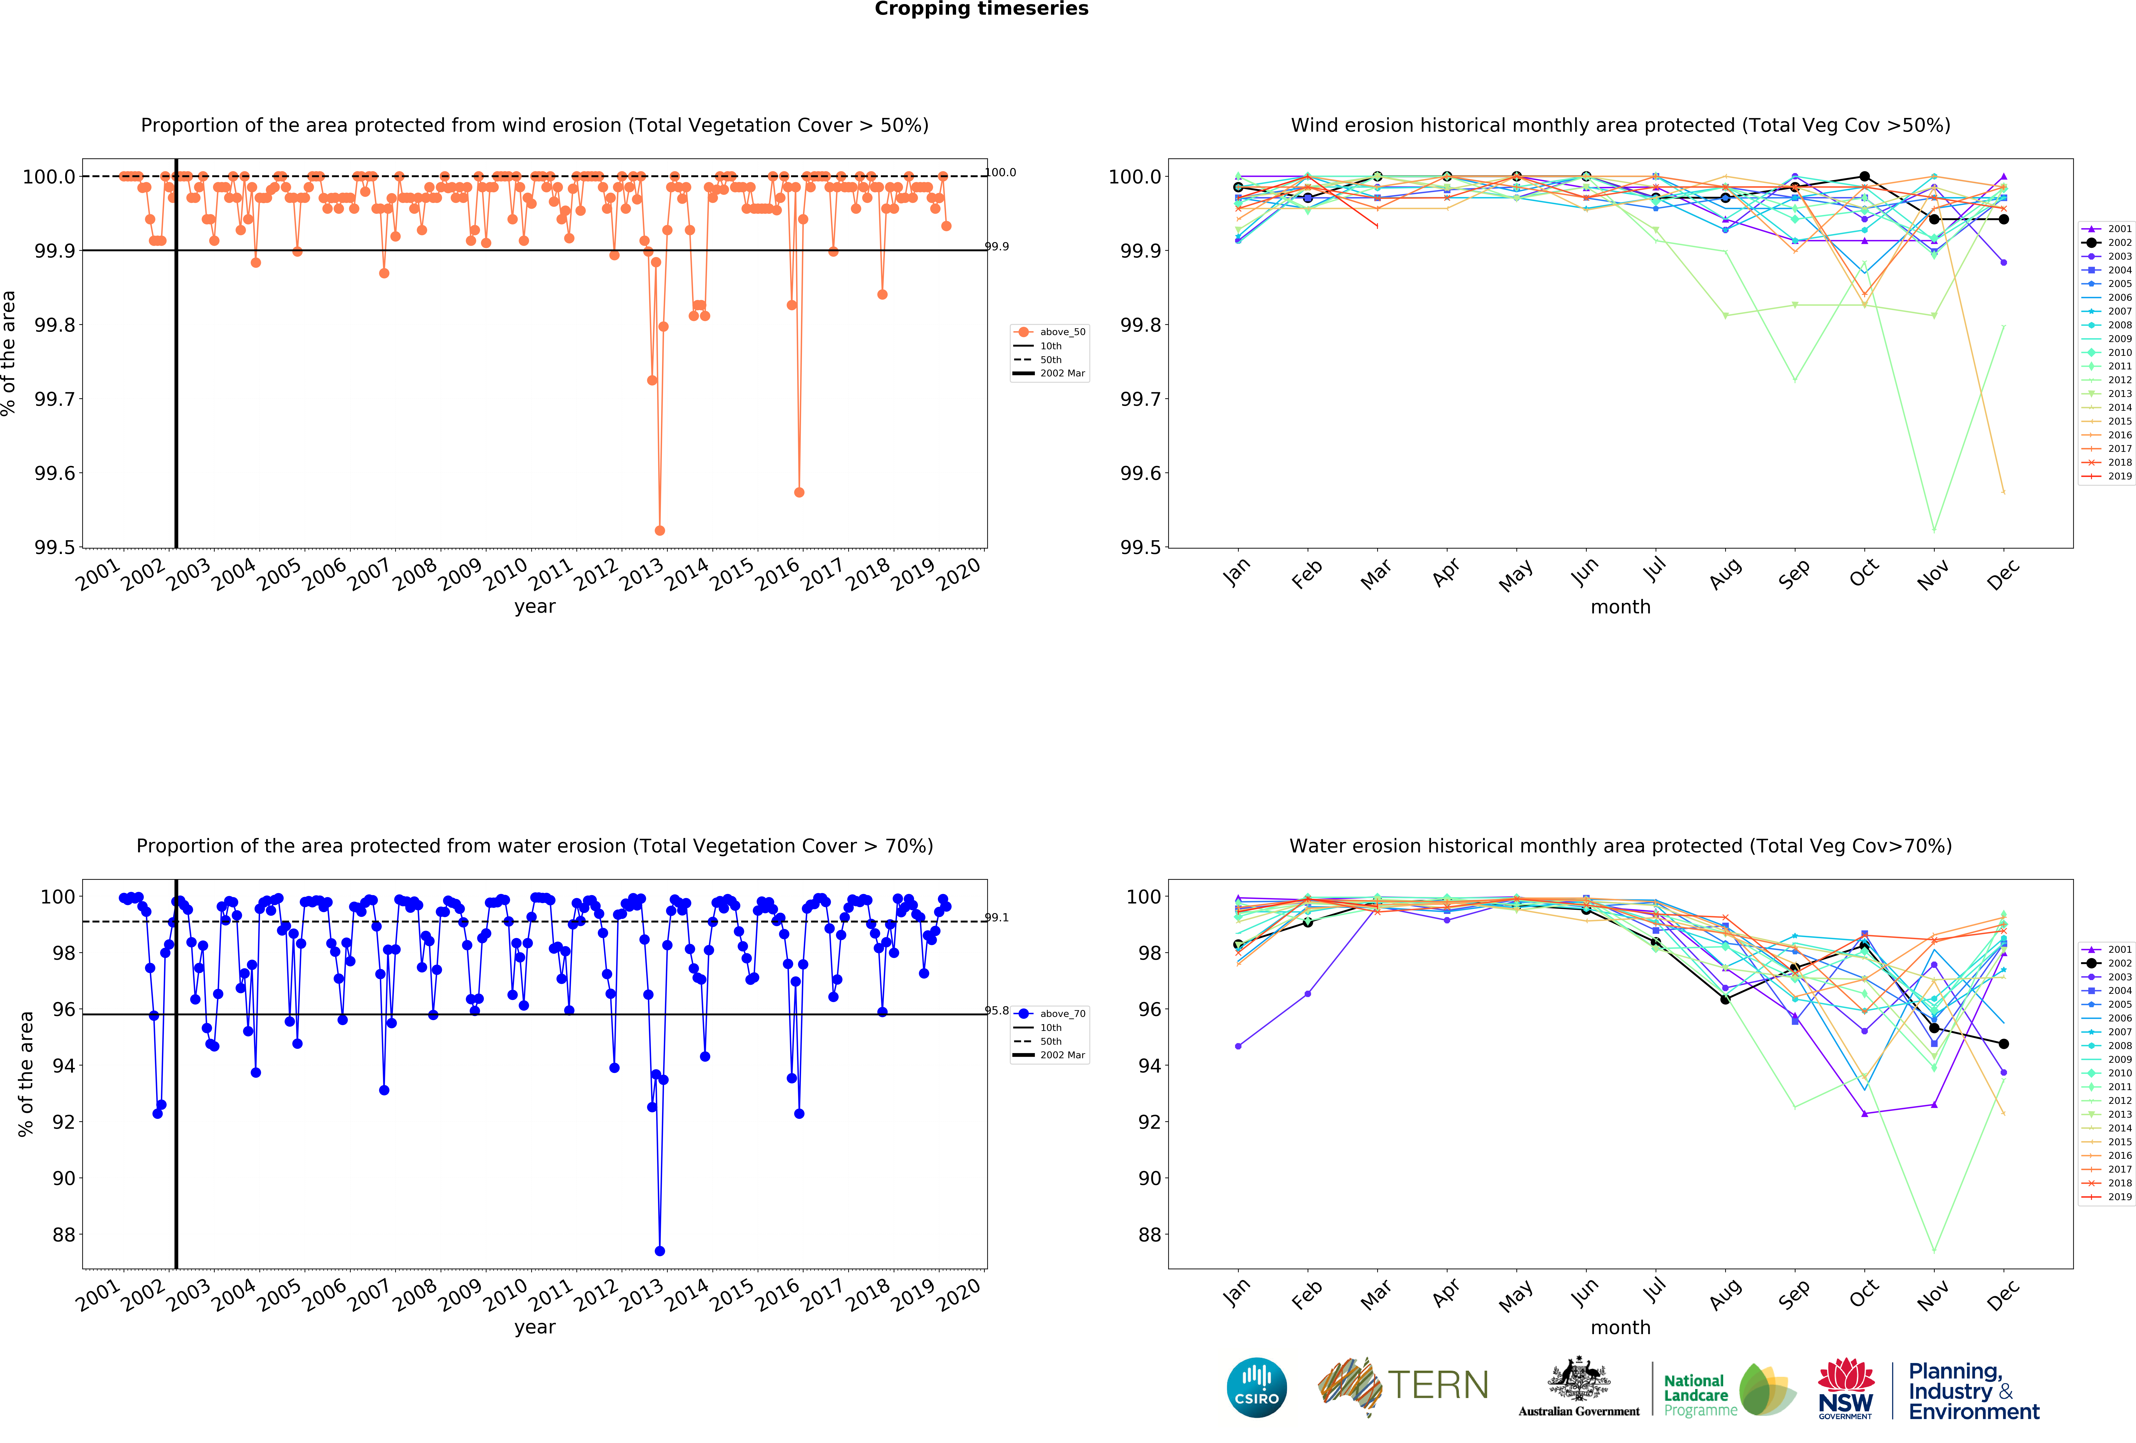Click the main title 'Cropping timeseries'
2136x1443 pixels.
point(981,9)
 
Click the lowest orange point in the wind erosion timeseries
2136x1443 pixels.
point(659,530)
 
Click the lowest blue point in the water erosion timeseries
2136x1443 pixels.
point(659,1251)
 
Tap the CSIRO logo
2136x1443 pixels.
point(1256,1388)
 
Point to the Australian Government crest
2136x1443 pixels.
point(1578,1379)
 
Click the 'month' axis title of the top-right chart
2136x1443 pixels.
point(1620,607)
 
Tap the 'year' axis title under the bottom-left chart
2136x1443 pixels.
point(535,1327)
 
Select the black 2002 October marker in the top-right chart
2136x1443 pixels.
point(1864,176)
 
